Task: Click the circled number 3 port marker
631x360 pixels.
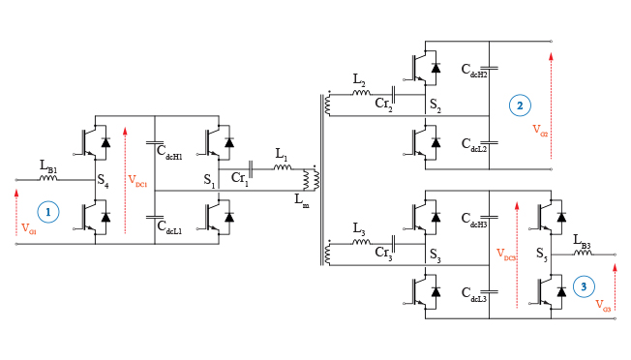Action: [584, 285]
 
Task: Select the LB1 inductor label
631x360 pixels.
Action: [48, 169]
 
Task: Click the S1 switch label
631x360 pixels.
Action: [208, 180]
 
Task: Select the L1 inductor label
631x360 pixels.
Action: [281, 155]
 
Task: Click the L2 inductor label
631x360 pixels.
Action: [359, 78]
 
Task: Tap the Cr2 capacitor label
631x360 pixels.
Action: [384, 104]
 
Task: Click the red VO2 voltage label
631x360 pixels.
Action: [540, 133]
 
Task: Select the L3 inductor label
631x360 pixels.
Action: [359, 233]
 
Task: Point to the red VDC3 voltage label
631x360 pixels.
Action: [505, 255]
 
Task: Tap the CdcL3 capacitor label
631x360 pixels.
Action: [473, 295]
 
